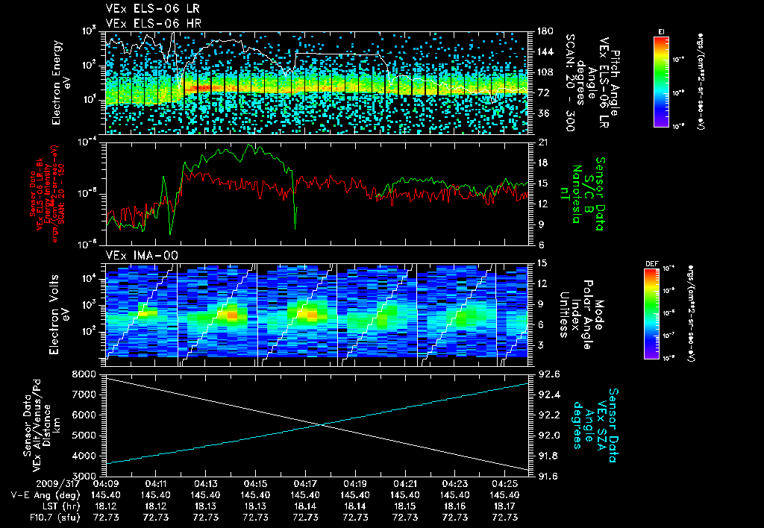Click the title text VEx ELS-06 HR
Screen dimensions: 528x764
pos(146,23)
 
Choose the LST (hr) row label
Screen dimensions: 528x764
pos(33,506)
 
